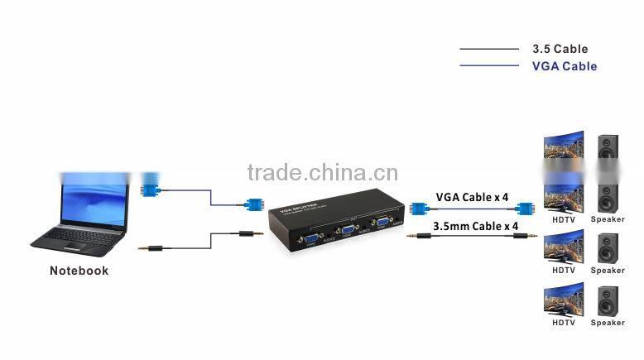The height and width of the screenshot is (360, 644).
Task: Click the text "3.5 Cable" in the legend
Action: coord(560,49)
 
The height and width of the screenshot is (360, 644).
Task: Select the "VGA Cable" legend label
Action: coord(564,66)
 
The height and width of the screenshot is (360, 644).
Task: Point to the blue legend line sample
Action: coord(489,66)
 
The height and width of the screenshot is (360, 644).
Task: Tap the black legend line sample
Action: coord(489,49)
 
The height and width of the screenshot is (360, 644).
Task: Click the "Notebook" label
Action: coord(79,271)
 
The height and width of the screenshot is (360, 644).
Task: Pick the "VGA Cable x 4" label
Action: coord(473,198)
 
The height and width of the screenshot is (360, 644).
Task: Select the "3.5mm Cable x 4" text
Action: coord(475,225)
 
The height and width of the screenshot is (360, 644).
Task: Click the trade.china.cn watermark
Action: coord(322,173)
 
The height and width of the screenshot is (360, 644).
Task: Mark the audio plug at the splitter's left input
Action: coord(247,233)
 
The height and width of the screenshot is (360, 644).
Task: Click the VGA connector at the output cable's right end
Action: coord(523,210)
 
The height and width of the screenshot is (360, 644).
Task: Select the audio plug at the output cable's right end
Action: coord(522,236)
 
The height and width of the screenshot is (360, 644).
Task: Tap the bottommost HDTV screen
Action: coord(564,299)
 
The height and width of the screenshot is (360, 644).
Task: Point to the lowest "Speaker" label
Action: coord(608,323)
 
